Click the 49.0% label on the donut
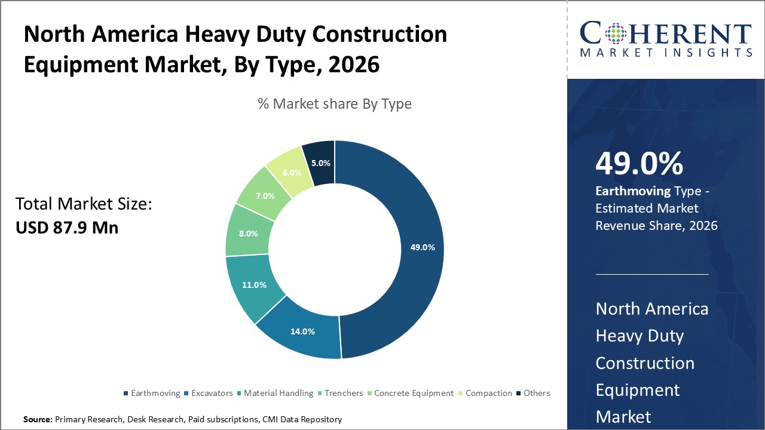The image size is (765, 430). click(423, 247)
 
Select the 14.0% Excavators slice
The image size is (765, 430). click(302, 331)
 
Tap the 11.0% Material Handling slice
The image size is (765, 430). click(254, 285)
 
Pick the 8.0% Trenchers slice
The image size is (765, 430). click(248, 234)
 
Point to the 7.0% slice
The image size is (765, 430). click(265, 195)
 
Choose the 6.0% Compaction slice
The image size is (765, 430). click(292, 171)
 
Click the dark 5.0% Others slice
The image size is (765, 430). click(321, 162)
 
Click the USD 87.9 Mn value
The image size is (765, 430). click(67, 227)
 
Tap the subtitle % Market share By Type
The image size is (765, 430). click(335, 104)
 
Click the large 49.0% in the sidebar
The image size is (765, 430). click(639, 164)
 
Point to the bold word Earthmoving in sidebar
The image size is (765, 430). click(633, 191)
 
